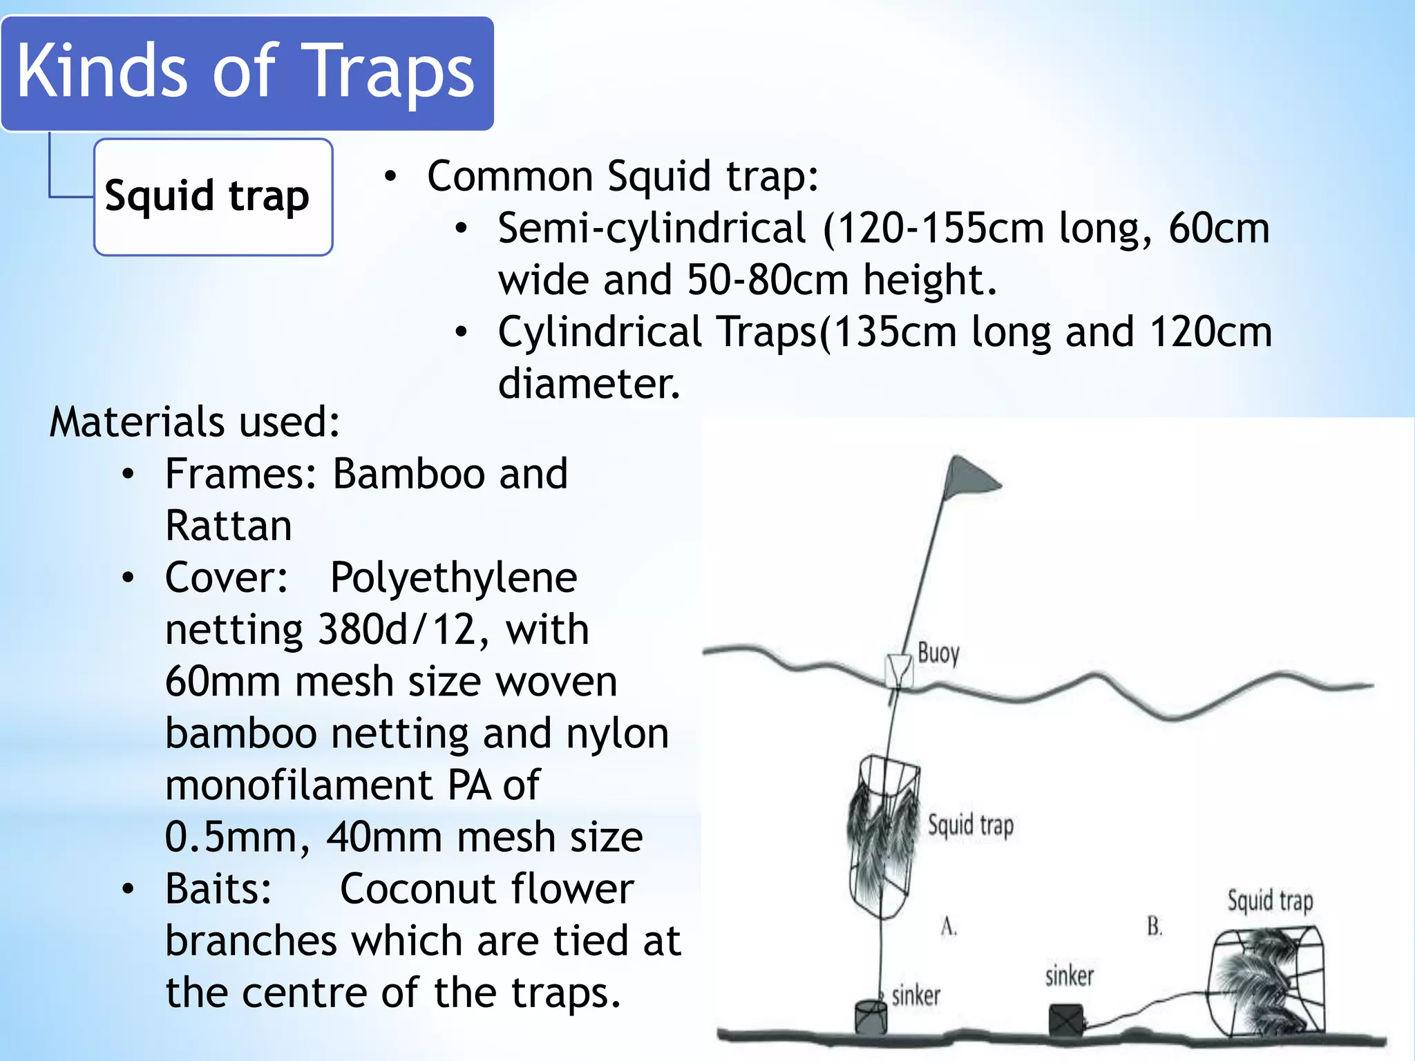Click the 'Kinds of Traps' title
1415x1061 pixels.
click(x=246, y=72)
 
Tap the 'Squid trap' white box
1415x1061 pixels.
click(x=213, y=197)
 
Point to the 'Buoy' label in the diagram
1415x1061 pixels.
click(x=938, y=653)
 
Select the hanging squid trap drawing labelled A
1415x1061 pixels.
click(x=884, y=836)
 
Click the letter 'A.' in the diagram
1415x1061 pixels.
click(x=949, y=926)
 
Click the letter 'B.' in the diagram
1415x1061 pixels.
click(x=1155, y=926)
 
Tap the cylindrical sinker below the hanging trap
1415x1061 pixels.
click(x=871, y=1016)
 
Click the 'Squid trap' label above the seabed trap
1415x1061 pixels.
click(x=1270, y=901)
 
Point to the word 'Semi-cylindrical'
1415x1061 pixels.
click(x=652, y=229)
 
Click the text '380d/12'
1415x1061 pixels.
click(x=397, y=629)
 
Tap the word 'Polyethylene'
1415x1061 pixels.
click(x=453, y=577)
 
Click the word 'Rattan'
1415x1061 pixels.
click(x=229, y=526)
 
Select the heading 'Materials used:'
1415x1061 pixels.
click(x=195, y=422)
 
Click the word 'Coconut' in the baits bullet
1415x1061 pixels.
click(x=418, y=889)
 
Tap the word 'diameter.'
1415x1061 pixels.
click(x=589, y=383)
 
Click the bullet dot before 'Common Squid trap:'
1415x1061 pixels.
click(x=391, y=177)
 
